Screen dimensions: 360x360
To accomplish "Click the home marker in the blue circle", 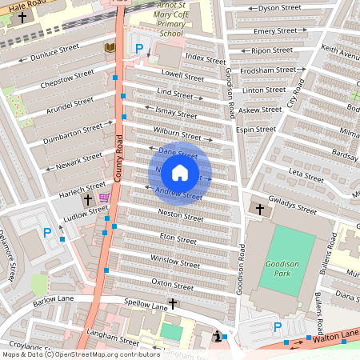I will [180, 173].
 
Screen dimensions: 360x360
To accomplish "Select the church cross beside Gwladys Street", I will [259, 210].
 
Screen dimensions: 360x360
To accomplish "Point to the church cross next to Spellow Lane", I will [172, 304].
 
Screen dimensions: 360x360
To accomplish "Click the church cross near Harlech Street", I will [88, 198].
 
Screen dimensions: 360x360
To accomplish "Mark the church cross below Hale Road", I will [22, 17].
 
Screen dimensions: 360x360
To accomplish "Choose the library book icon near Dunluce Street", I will [110, 48].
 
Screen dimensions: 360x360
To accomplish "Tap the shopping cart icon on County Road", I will [104, 198].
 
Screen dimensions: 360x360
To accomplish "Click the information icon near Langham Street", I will [218, 338].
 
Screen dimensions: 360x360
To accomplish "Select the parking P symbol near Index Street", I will [138, 50].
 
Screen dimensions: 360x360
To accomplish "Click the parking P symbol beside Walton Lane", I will [278, 326].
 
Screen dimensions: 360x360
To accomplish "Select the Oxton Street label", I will [173, 284].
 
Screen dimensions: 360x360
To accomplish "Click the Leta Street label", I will [306, 172].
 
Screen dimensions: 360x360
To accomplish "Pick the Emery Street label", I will [275, 31].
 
